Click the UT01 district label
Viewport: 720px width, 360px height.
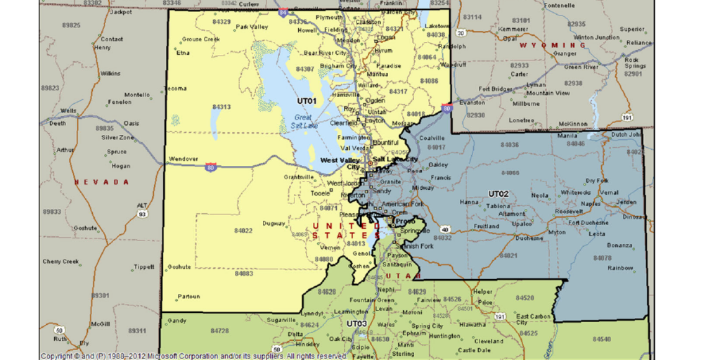(307, 101)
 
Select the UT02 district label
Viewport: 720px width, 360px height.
(499, 193)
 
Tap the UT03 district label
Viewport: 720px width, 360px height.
(356, 324)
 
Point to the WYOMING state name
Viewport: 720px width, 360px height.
(553, 45)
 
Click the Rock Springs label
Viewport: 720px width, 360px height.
(636, 63)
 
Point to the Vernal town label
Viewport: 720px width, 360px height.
(609, 192)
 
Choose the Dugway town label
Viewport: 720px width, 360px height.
(274, 224)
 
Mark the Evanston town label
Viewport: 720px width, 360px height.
(472, 102)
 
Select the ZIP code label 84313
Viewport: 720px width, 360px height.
(221, 107)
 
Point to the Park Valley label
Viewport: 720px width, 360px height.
(252, 27)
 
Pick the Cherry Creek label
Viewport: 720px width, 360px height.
(60, 262)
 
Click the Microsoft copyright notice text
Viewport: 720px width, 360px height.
(192, 356)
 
